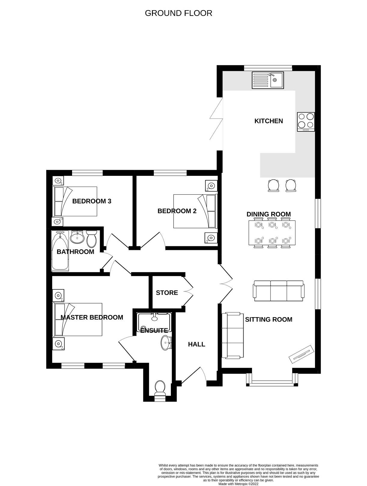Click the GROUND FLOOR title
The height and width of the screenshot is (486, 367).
178,13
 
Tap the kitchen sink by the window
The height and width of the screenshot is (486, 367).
268,80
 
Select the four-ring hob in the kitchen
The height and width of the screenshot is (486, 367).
306,121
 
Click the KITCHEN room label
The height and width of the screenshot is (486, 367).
268,121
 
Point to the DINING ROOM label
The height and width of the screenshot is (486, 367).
268,214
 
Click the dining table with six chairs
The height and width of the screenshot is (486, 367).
272,233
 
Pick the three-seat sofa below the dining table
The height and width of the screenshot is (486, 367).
279,291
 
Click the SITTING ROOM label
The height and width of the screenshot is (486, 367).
268,319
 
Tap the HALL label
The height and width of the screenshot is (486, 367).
196,344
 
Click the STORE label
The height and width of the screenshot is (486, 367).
167,293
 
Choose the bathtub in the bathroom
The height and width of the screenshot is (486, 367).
60,251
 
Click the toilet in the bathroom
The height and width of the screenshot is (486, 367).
91,238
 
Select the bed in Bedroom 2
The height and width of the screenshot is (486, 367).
195,211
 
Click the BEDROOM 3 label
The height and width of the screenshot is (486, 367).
92,201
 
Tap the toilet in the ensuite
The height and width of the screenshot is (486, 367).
159,388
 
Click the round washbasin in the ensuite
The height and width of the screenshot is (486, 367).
165,343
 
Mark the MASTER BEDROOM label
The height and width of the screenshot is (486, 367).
92,317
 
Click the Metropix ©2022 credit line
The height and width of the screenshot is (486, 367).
238,484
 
